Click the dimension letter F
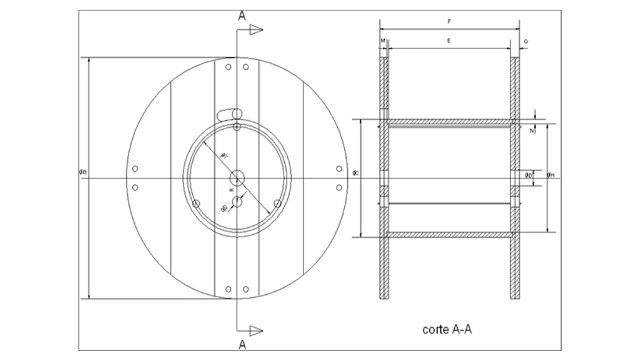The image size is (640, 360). [449, 22]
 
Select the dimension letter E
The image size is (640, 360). [449, 41]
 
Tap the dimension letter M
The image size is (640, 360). [383, 41]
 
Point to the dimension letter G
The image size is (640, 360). [526, 42]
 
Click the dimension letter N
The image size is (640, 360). [532, 131]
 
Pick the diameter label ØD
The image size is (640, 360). [528, 175]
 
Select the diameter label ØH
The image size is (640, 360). [551, 175]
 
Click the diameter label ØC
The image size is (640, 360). [355, 173]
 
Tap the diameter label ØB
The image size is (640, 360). [83, 172]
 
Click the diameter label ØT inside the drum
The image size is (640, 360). [225, 156]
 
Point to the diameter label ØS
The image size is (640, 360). [224, 208]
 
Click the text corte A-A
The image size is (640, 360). [447, 329]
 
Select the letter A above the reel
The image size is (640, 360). [242, 16]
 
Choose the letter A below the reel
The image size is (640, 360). [242, 344]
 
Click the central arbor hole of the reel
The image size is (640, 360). [237, 178]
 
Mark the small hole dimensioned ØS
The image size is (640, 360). [237, 202]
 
